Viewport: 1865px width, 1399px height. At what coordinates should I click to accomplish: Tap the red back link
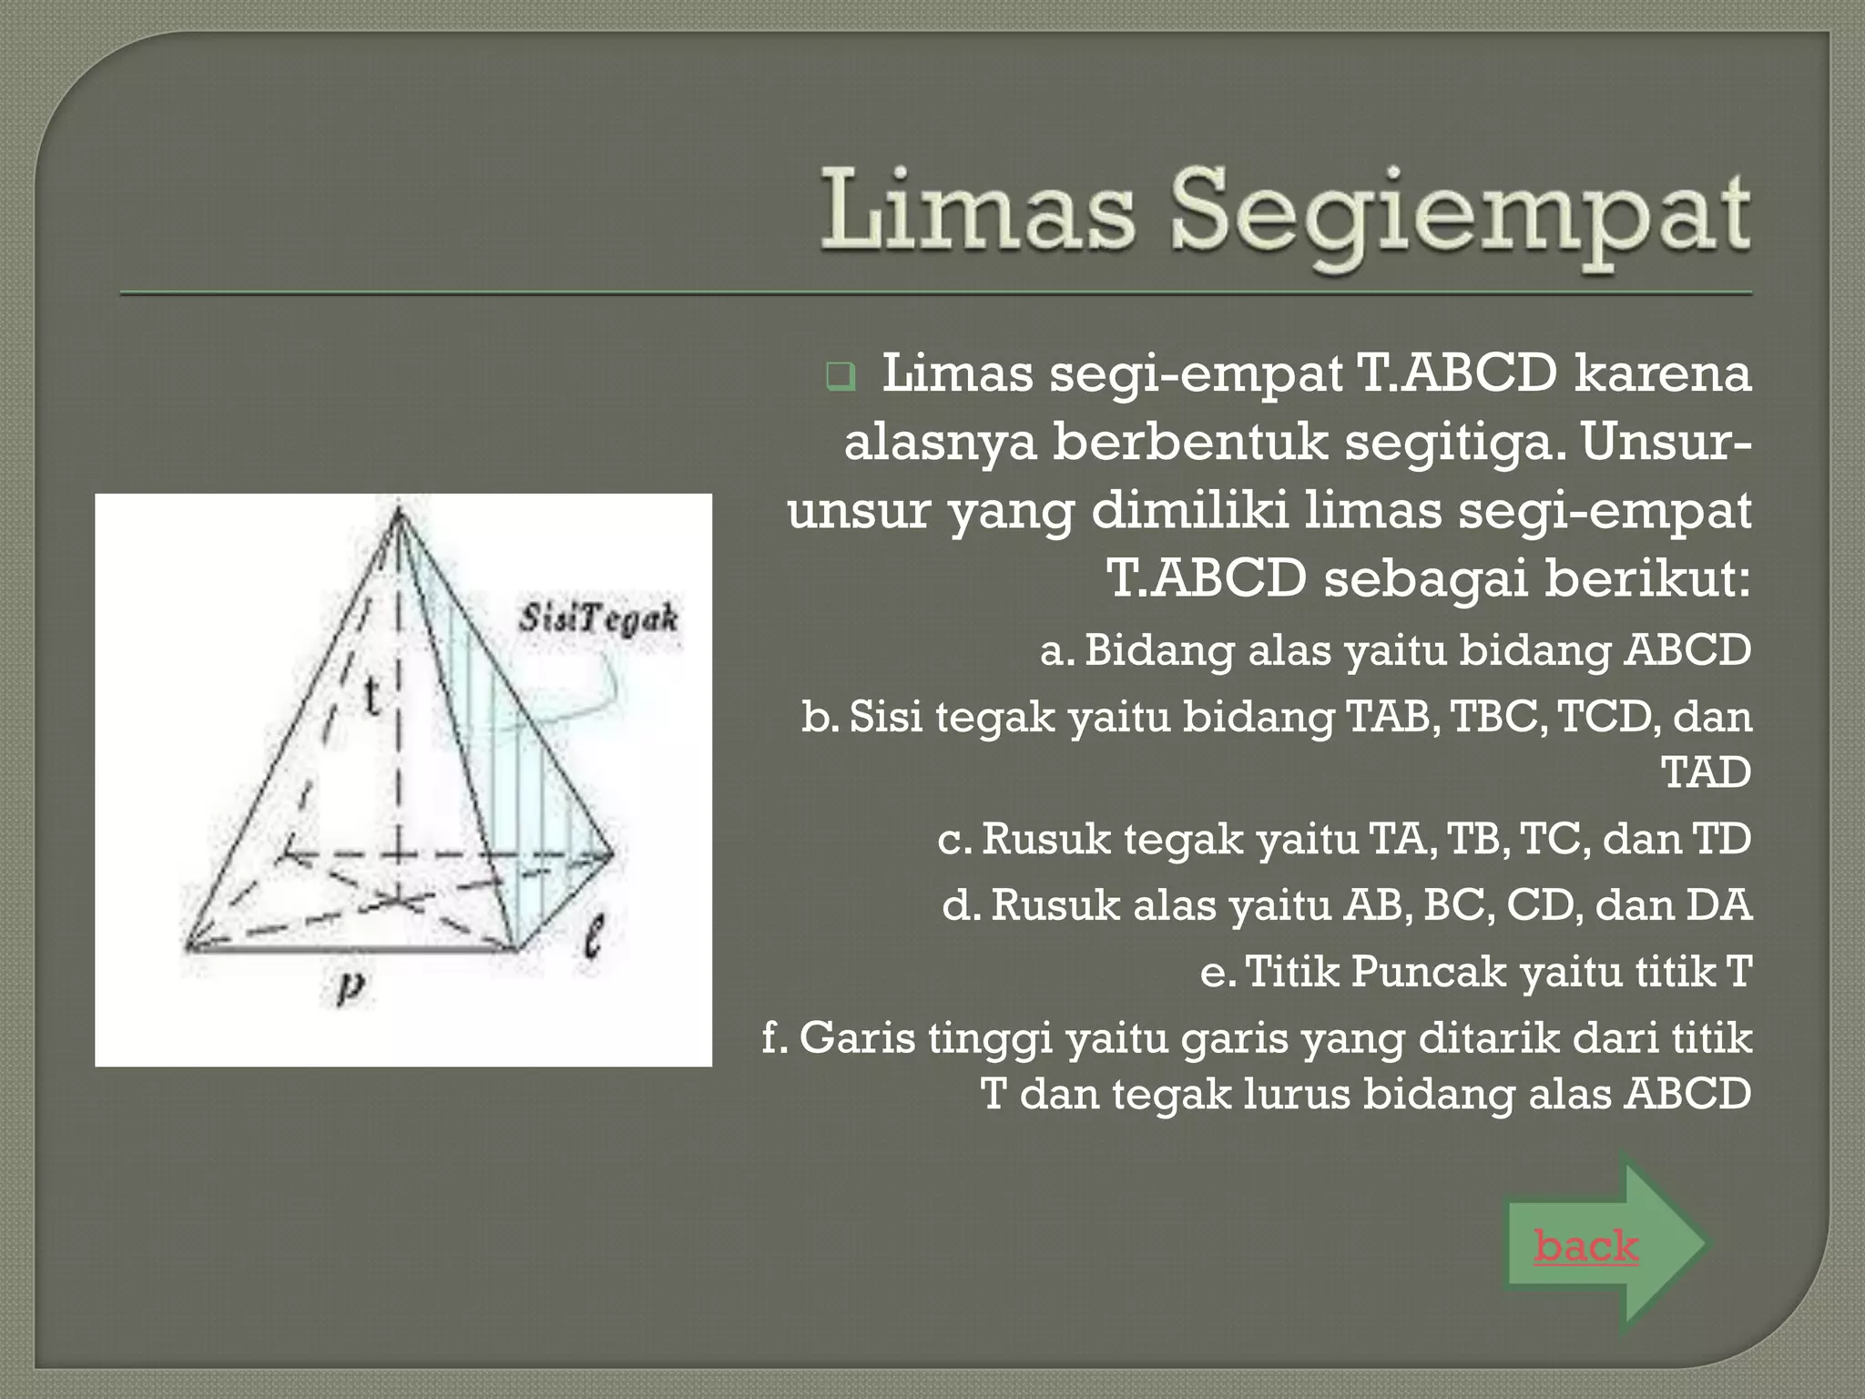coord(1585,1245)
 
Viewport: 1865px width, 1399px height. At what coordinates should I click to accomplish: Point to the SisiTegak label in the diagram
coord(598,619)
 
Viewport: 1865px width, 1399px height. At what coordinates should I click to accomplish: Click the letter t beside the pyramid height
coord(372,698)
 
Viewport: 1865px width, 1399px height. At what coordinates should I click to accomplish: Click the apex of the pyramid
coord(398,513)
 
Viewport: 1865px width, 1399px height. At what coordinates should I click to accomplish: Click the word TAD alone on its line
coord(1706,772)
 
